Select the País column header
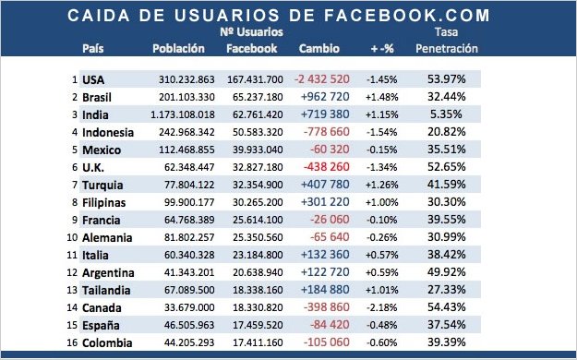92,47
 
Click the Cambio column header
319,47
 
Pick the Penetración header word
447,47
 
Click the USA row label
94,80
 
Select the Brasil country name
99,97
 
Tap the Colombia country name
106,342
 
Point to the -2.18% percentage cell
381,307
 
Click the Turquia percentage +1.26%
381,185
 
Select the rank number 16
71,342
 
